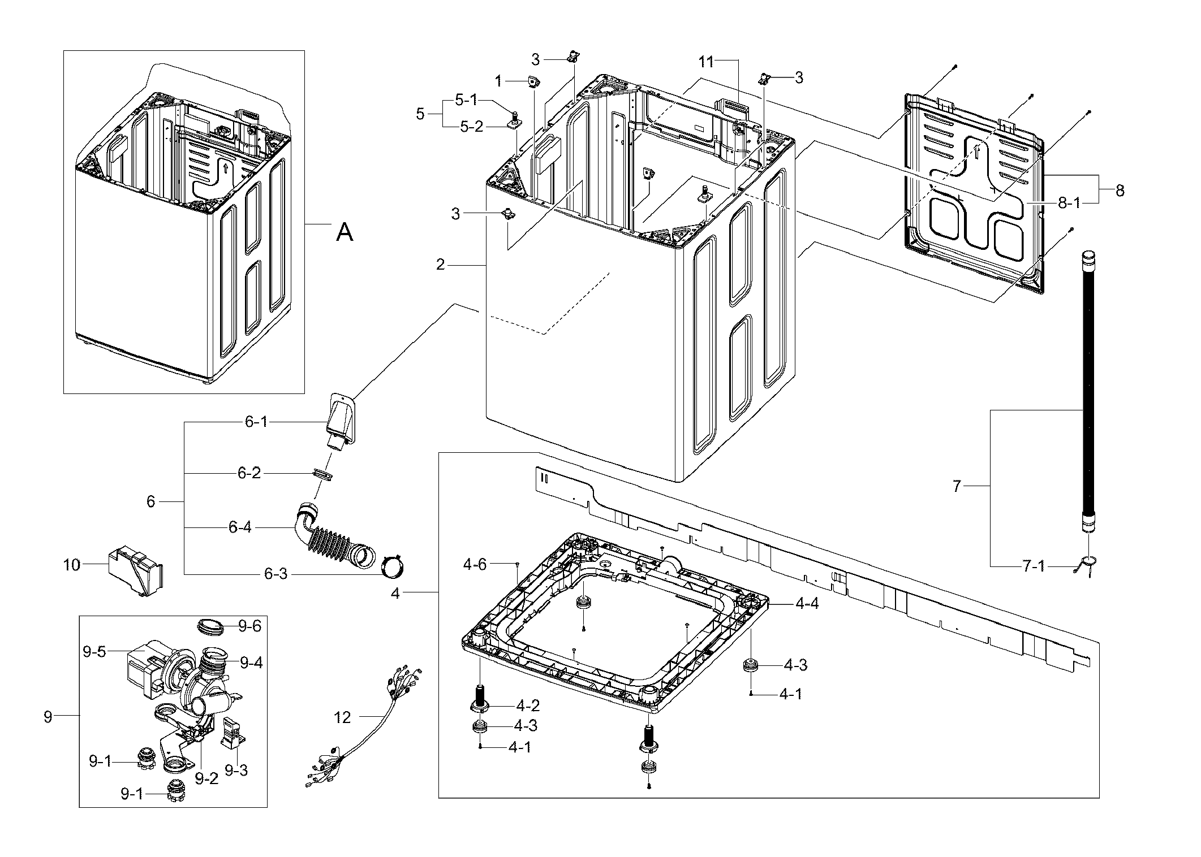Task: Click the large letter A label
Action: point(345,232)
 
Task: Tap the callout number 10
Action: point(72,564)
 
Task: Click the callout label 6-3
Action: point(276,574)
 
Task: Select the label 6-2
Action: point(249,473)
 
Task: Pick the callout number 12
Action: point(343,717)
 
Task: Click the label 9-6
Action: point(250,626)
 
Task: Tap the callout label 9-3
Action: point(236,770)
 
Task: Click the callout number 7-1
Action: point(1034,566)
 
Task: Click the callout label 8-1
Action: point(1069,204)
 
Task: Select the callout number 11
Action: point(705,62)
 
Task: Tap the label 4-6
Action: point(475,565)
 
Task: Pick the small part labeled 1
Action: point(532,83)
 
